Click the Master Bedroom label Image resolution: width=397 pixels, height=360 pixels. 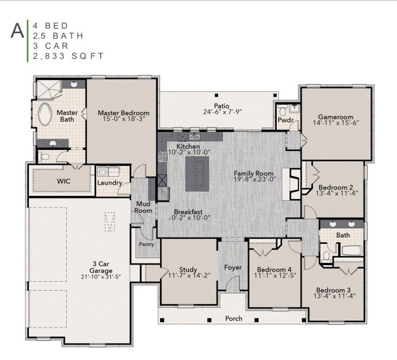coord(123,113)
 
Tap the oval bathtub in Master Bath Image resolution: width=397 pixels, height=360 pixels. coord(45,114)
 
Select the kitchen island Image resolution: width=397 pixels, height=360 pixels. coord(197,174)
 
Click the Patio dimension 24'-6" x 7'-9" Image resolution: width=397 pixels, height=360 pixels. coord(222,112)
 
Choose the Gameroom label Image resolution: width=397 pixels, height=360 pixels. coord(336,117)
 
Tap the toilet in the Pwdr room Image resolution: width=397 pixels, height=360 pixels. coord(283,111)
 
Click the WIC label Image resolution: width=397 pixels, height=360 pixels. coord(63,181)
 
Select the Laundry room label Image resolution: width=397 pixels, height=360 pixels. coord(109,182)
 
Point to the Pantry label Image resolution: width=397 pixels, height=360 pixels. coord(146,244)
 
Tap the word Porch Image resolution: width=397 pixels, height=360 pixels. coord(234,318)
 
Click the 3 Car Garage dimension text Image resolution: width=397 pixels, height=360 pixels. coord(100,277)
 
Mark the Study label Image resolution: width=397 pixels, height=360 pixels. coord(188,270)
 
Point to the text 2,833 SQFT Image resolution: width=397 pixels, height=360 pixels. coord(68,56)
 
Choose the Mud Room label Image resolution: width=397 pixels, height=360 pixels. coord(143,207)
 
